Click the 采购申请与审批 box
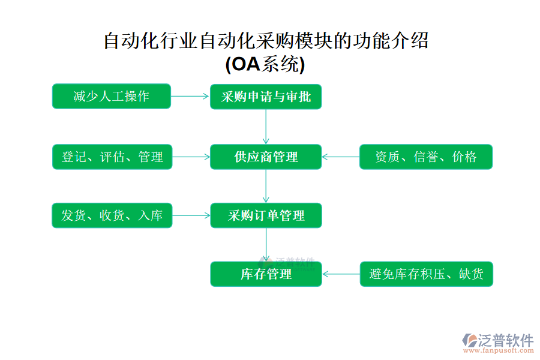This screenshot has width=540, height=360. coord(266,97)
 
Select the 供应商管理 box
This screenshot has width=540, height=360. coord(266,157)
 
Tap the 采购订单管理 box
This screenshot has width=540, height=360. coord(266,215)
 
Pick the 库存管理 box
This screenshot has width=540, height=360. coord(266,274)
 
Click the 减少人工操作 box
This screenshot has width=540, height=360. coord(111,97)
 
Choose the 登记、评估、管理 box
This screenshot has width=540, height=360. coord(112,157)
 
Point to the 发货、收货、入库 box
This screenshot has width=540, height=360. coord(112,215)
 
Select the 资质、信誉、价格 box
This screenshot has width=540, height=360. coord(425,157)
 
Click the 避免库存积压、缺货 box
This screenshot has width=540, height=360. coord(425,274)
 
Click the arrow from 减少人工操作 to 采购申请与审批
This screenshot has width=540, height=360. coord(190,97)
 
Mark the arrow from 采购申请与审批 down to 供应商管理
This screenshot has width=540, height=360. coord(266,127)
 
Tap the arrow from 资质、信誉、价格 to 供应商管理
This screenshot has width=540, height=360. coord(340,157)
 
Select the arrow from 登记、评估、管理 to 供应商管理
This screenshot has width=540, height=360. coord(191,157)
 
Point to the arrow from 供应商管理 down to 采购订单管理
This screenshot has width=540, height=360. coord(266,186)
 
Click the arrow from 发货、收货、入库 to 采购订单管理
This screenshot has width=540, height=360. coord(191,215)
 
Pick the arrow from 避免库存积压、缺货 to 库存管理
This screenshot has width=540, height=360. coord(340,274)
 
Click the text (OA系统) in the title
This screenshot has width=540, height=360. coord(265,64)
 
